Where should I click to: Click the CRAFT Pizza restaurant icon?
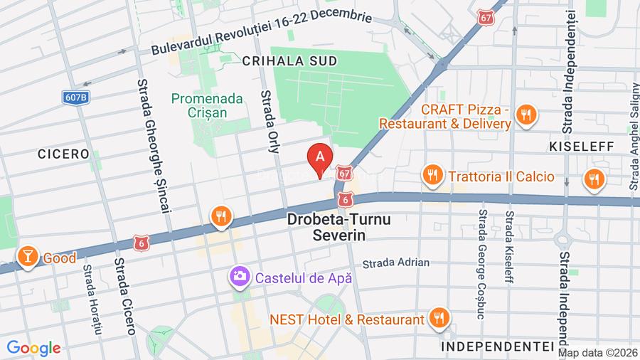[x=526, y=115]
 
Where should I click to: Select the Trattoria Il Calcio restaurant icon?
[x=432, y=174]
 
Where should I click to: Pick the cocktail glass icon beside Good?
[x=27, y=257]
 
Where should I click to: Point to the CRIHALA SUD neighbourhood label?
[x=289, y=62]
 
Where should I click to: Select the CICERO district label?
[x=64, y=154]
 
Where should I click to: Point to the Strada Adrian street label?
[x=395, y=263]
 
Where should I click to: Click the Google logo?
[x=33, y=348]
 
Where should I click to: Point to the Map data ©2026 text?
[x=597, y=353]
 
